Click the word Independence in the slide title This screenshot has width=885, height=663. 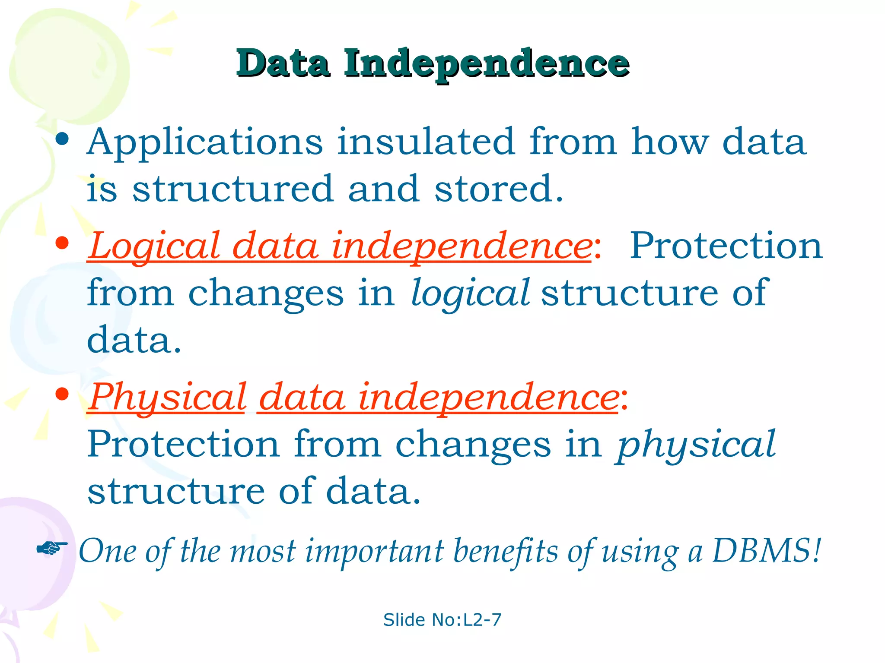tap(486, 64)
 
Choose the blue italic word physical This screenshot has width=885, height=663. tap(696, 445)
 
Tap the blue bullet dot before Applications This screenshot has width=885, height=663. tap(63, 139)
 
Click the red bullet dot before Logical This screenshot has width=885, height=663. tap(63, 243)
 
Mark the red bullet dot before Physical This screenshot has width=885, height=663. tap(63, 394)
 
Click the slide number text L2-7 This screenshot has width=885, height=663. tap(482, 620)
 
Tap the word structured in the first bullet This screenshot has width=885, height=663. tap(232, 189)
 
